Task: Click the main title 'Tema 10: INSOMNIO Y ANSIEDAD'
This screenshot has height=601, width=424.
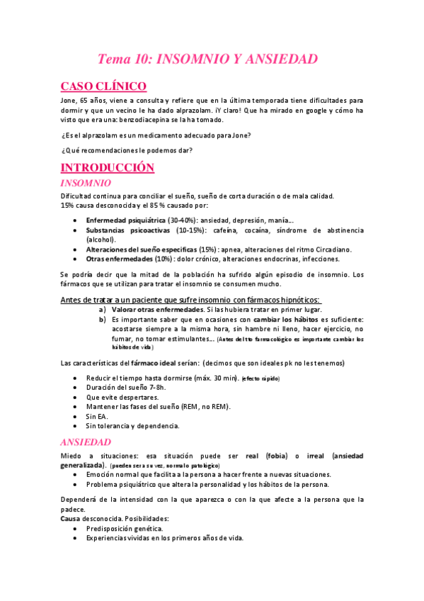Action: click(x=207, y=59)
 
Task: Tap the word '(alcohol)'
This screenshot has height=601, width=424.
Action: click(x=102, y=240)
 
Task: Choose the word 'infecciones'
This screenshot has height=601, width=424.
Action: click(x=307, y=259)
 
